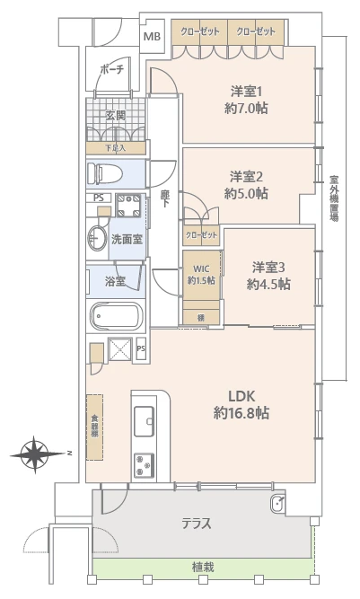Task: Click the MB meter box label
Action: coord(153,36)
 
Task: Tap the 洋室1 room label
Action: coord(246,90)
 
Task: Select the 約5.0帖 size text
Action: coord(246,192)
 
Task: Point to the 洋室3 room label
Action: coord(268,267)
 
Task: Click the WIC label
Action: coord(199,266)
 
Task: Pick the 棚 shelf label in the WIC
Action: coord(200,317)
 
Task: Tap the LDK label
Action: coord(241,395)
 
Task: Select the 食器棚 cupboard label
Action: coord(93,425)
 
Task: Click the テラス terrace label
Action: coord(197,523)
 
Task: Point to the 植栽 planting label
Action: coord(202,568)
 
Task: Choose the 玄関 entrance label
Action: coord(115,115)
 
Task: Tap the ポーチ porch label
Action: coord(112,69)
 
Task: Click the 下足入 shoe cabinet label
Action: coord(115,147)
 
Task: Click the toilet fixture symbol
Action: coord(105,172)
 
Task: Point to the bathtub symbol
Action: coord(116,317)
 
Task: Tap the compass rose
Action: coord(35,454)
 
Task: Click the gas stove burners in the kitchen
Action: coord(145,465)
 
